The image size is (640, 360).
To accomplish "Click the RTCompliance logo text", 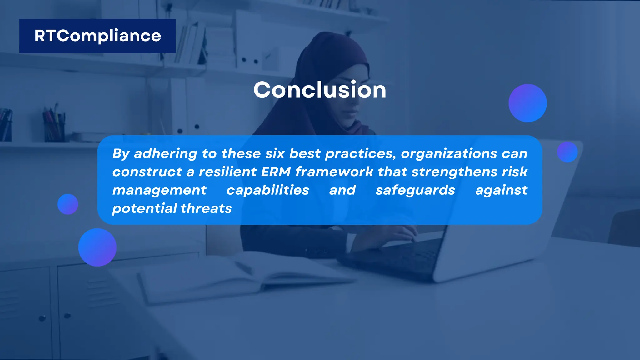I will click(97, 36).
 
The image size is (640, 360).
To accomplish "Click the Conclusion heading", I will click(320, 90).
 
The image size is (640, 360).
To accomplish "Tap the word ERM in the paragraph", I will click(276, 172).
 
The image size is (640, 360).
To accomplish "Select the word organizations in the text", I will click(449, 153).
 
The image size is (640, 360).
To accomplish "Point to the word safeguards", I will click(415, 190).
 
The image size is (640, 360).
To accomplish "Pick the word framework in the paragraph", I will click(334, 172).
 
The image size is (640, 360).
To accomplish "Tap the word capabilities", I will click(267, 190).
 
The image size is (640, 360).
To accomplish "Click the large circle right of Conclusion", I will click(527, 103).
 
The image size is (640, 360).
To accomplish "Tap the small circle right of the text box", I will click(567, 152).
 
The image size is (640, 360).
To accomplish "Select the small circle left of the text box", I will click(68, 204).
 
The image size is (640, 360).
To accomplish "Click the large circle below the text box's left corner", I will click(97, 247).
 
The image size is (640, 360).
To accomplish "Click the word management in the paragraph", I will click(159, 190).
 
